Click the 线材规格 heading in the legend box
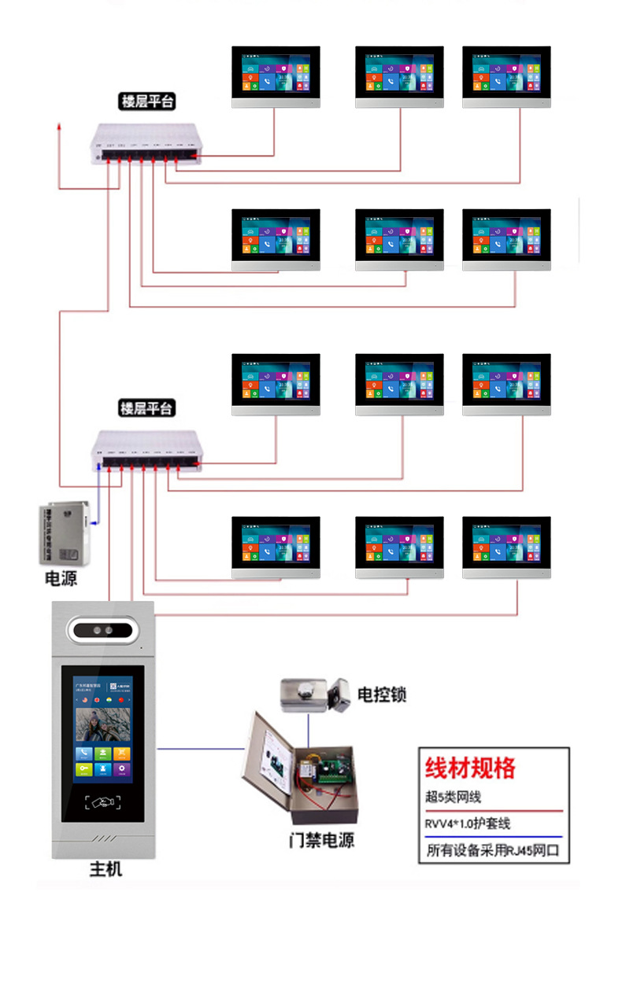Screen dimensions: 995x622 point(470,768)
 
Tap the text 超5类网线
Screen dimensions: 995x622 point(453,797)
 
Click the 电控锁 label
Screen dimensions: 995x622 point(382,695)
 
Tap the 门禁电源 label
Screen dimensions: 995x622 point(320,840)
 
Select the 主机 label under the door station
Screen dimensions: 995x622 point(106,869)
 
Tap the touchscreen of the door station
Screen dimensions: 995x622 point(103,732)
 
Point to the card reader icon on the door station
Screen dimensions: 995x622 point(103,803)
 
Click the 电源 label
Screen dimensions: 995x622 point(61,579)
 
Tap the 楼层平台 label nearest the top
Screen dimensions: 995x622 point(147,101)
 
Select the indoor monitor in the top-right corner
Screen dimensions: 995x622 point(506,76)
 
